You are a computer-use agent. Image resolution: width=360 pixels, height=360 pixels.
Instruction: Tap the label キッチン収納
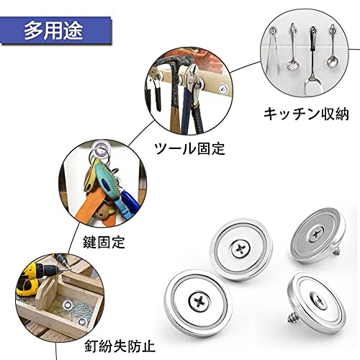pos(306,114)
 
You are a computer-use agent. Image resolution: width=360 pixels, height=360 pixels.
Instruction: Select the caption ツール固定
pos(189,148)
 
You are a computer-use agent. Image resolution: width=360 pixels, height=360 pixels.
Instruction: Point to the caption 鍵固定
pos(104,242)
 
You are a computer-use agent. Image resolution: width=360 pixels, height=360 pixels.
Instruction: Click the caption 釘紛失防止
pos(120,346)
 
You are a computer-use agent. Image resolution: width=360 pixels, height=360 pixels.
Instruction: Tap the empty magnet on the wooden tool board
pos(223,89)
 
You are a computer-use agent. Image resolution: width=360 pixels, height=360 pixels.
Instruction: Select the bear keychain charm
pos(106,211)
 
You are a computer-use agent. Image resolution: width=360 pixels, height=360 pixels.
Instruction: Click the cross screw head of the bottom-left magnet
pos(199,301)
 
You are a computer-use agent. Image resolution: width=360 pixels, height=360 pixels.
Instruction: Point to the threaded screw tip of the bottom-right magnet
pos(292,318)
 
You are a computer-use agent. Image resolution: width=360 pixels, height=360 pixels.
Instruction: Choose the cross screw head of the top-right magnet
pos(317,234)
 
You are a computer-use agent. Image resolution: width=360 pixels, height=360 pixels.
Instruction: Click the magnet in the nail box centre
pos(67,305)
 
